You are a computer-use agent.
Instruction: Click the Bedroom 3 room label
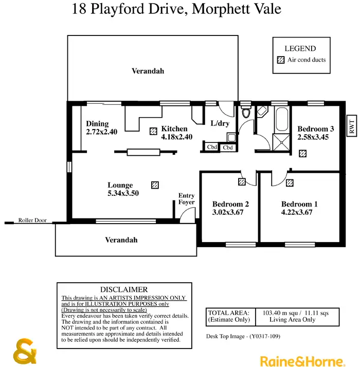click(x=316, y=129)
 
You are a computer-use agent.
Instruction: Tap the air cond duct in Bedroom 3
click(x=303, y=153)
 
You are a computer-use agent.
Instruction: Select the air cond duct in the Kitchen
click(x=153, y=131)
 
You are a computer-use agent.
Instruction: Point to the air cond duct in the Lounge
click(x=155, y=185)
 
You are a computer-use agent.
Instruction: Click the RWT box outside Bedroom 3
click(x=351, y=126)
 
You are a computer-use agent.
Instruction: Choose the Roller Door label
click(x=32, y=221)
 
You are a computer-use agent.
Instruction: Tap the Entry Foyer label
click(x=186, y=199)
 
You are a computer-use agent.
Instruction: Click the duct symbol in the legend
click(x=280, y=60)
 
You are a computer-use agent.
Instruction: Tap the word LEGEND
click(x=300, y=49)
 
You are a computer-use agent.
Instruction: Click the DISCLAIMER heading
click(x=124, y=290)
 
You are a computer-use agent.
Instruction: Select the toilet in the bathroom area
click(x=246, y=112)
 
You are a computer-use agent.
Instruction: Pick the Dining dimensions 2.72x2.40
click(x=102, y=132)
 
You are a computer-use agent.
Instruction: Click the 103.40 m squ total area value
click(x=279, y=312)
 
